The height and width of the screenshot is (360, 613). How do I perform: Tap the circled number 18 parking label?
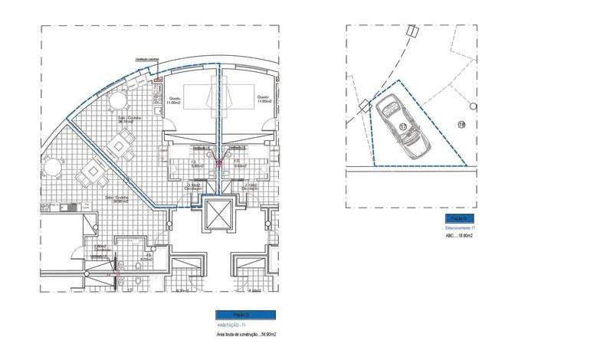pos(461,124)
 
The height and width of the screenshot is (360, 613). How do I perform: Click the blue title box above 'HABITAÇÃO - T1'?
pos(245,315)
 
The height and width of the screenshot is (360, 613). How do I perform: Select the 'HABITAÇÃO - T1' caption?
pos(229,326)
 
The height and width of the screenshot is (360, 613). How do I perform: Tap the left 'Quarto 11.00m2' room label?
pos(174,100)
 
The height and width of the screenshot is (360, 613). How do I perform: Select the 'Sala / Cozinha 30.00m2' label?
pos(117,198)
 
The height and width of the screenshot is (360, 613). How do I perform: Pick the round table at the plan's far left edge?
pos(49,167)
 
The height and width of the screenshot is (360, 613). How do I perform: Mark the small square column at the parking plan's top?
pos(412,31)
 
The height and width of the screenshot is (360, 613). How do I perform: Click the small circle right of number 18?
pos(475,106)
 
